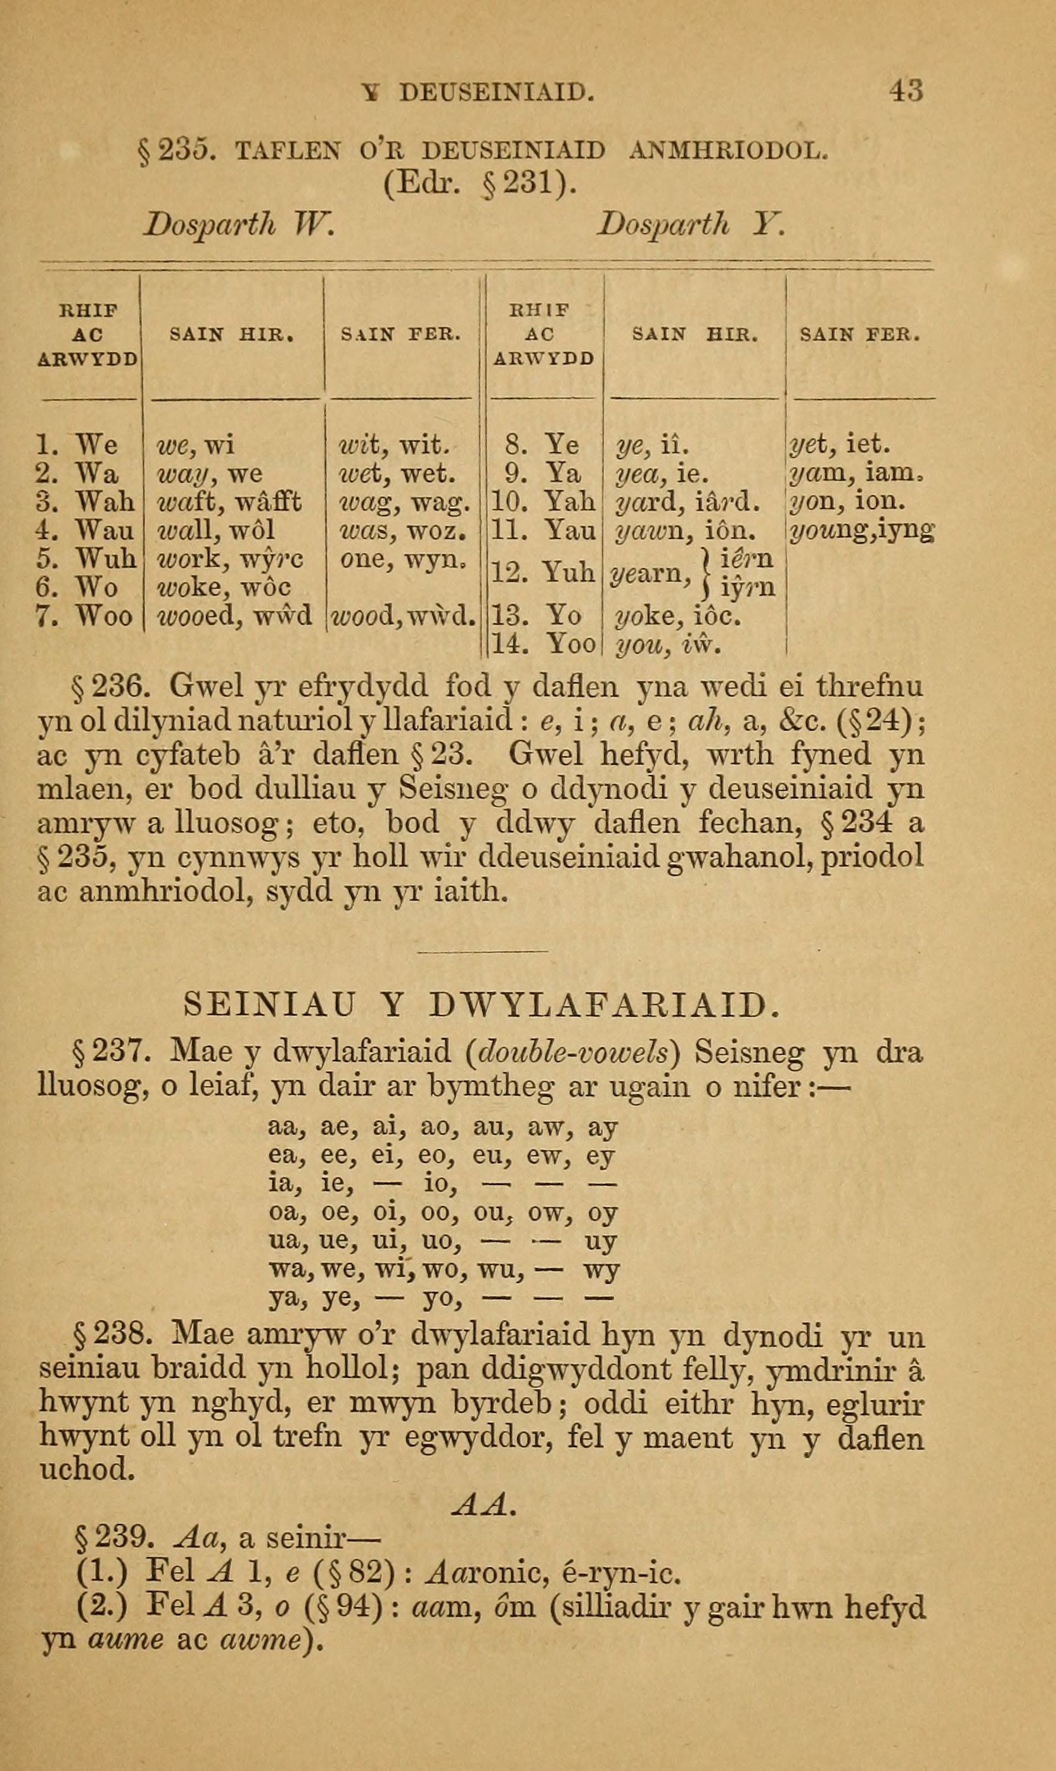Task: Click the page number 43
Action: tap(905, 91)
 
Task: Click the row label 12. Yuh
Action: tap(543, 572)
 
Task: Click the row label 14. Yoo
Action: tap(543, 644)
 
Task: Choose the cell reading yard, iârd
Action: tap(688, 502)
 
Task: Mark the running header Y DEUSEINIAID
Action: tap(477, 92)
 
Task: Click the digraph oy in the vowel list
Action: tap(602, 1212)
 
